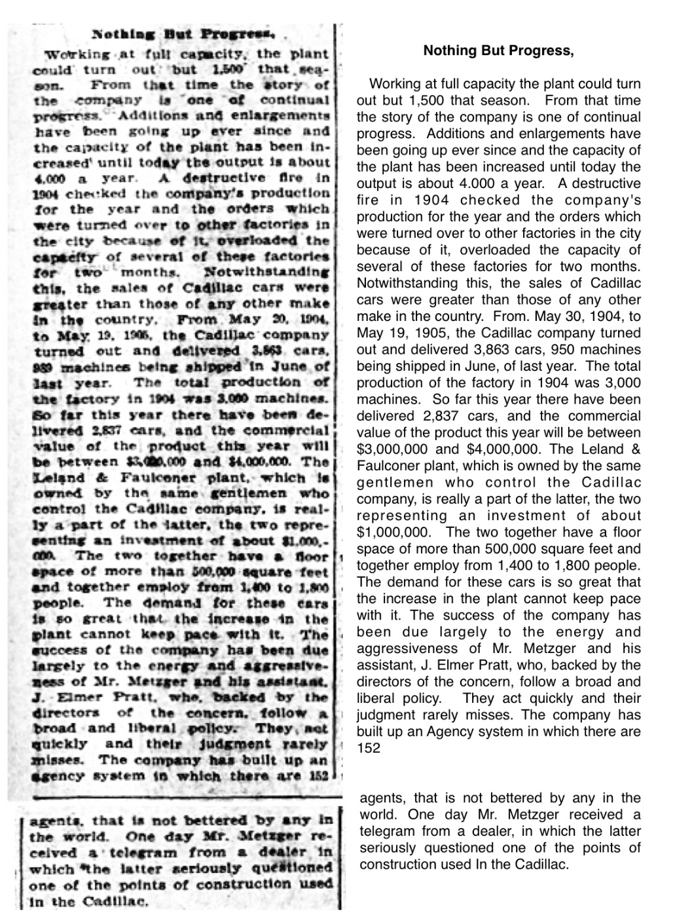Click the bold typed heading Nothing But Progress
coord(498,51)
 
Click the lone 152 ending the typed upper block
coord(368,749)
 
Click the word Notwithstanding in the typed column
coord(399,283)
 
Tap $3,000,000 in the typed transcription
coord(391,449)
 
